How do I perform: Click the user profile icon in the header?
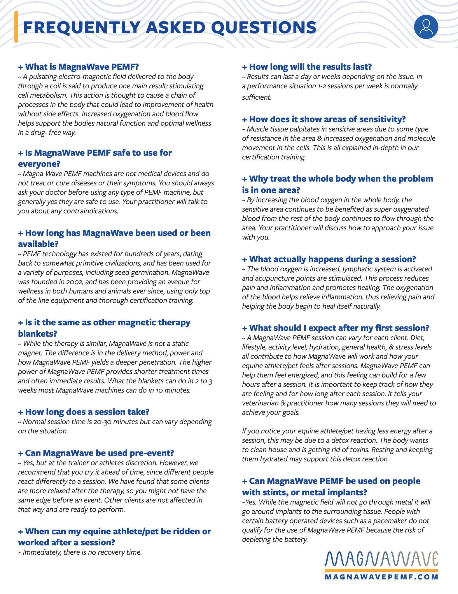click(426, 27)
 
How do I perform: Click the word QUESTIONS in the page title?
click(264, 28)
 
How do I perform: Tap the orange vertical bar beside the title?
click(16, 27)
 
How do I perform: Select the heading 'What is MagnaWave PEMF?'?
click(78, 67)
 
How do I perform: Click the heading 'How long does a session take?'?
click(84, 412)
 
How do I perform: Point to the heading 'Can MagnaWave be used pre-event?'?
click(96, 453)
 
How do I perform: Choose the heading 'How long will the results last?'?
click(307, 67)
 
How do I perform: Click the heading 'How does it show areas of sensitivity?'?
click(324, 119)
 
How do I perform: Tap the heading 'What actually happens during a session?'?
click(329, 259)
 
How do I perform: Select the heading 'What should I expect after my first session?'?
click(336, 328)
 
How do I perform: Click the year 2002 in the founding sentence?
click(74, 282)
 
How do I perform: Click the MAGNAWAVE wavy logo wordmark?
click(381, 559)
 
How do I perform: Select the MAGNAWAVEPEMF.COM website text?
click(381, 577)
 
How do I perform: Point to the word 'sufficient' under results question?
click(256, 97)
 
